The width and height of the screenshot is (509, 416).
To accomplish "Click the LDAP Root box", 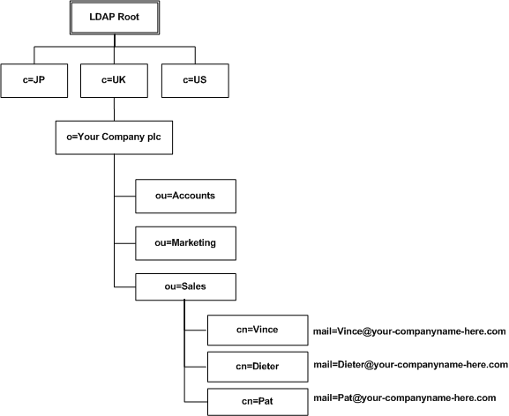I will pos(112,18).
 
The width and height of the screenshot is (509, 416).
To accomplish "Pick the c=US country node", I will pos(194,81).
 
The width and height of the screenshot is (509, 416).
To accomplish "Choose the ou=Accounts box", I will pos(185,197).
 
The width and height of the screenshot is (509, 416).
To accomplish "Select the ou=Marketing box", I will pos(185,241).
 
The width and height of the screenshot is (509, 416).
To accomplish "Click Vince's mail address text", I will pos(408,331).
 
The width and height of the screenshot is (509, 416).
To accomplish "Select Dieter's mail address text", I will pos(410,364).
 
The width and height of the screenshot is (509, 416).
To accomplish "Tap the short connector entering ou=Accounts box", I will pos(124,197).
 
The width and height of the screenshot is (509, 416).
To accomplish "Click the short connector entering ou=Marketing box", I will pos(124,241).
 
